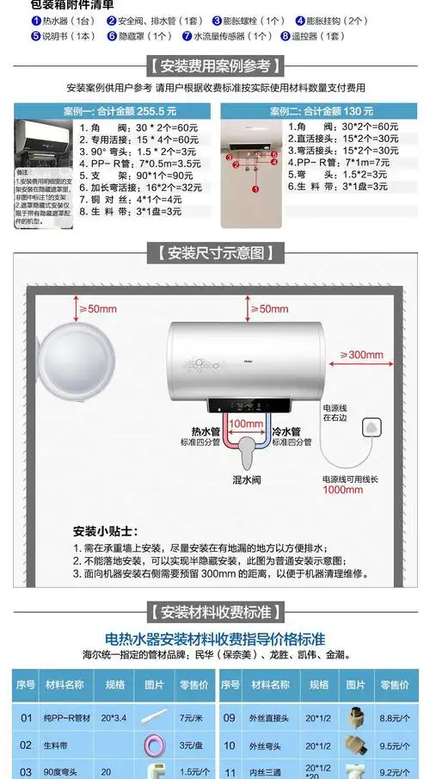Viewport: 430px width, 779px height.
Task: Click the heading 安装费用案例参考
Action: tap(214, 66)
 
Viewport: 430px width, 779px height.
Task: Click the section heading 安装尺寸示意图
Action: tap(214, 253)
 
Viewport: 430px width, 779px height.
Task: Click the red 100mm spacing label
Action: tap(246, 424)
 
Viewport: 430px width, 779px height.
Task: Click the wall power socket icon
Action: tap(372, 428)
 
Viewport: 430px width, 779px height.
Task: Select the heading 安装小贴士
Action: tap(105, 531)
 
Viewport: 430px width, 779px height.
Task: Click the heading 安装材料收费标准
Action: tap(214, 613)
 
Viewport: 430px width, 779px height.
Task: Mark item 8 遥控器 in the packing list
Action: tap(318, 36)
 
